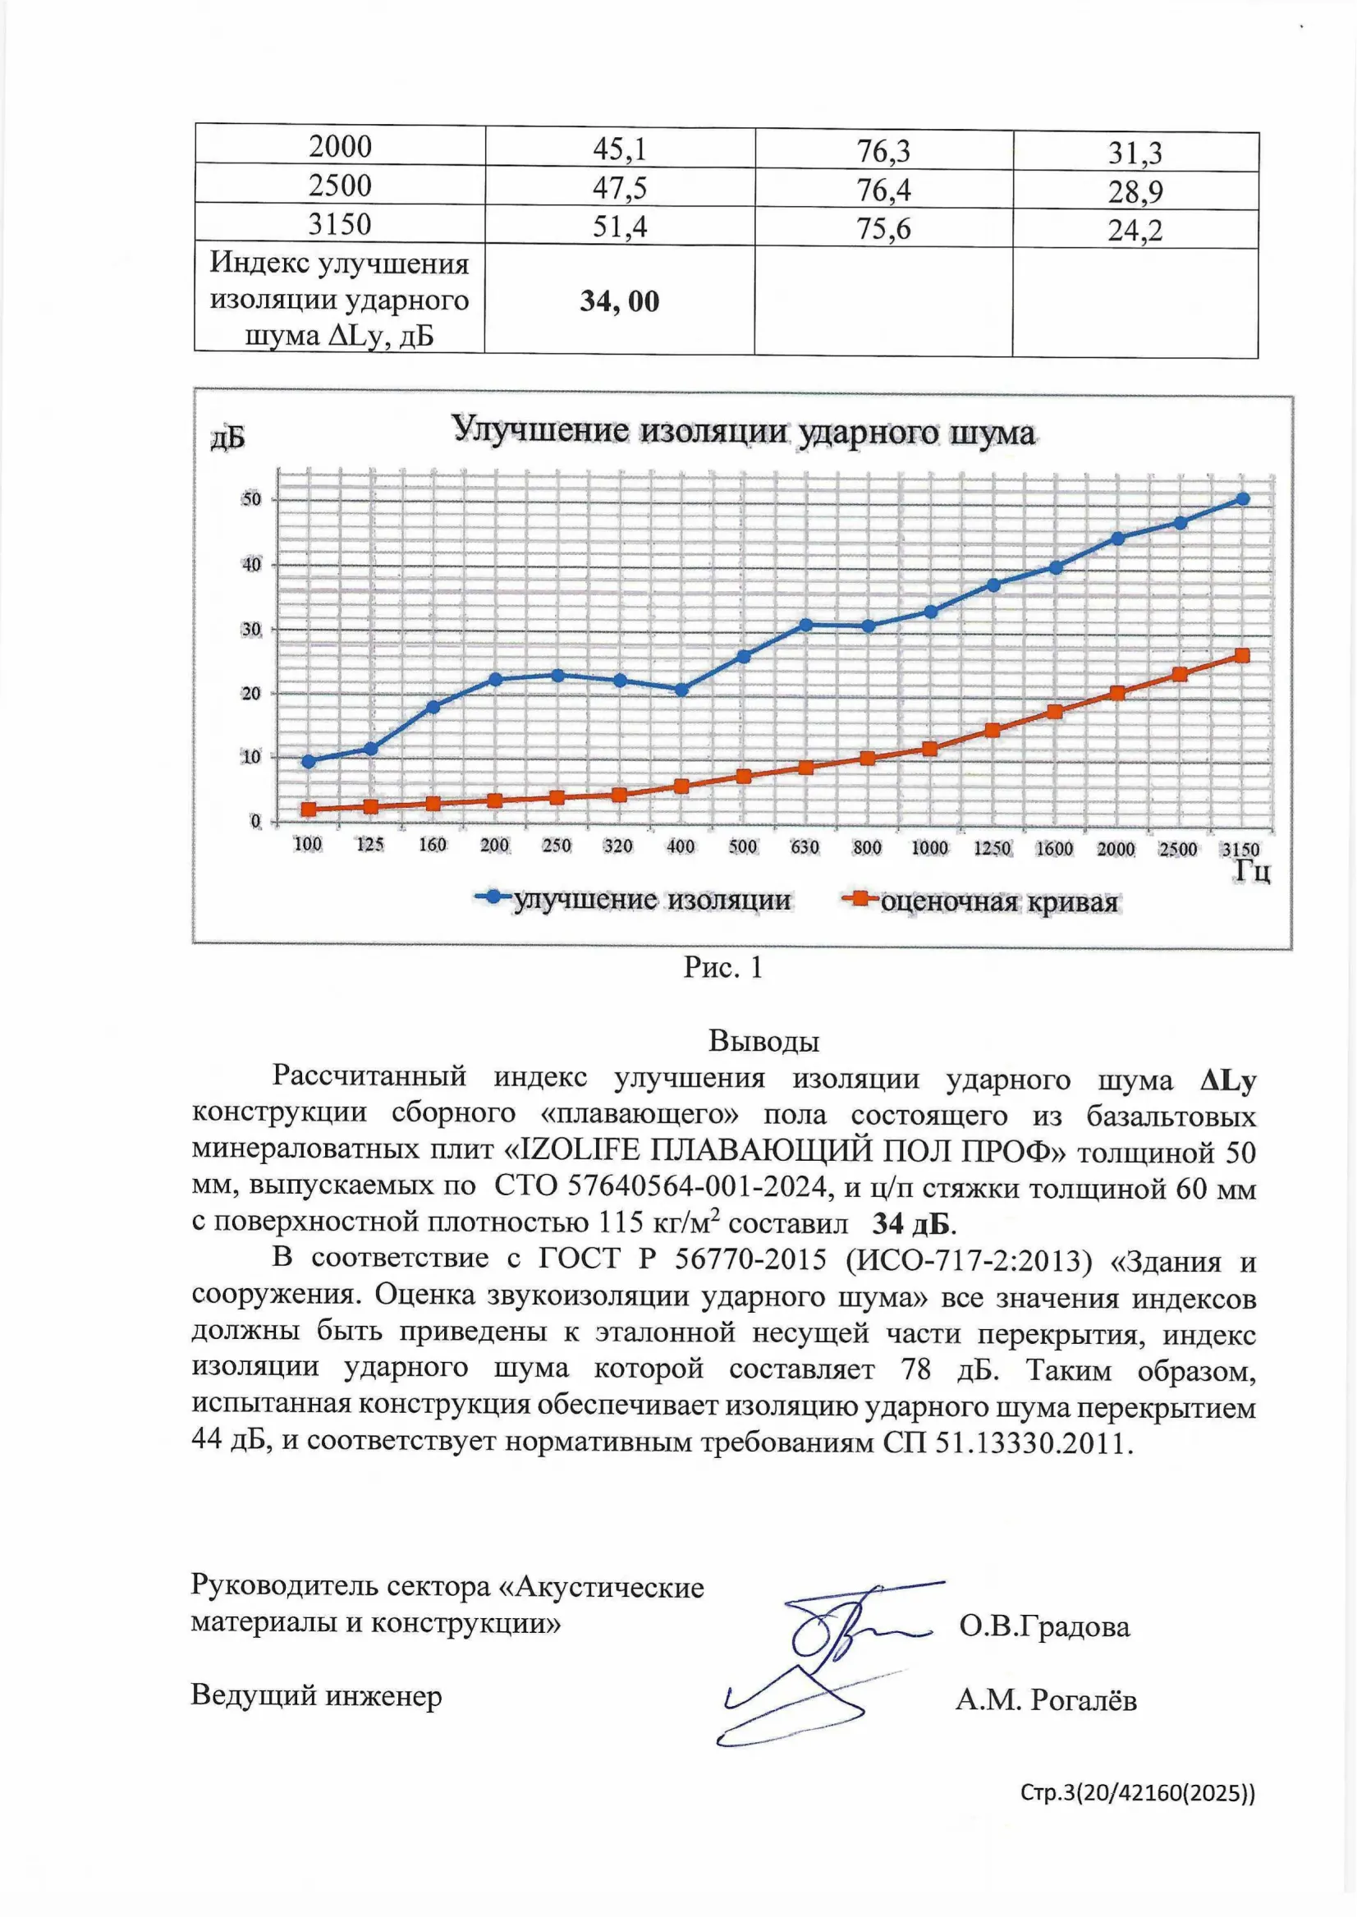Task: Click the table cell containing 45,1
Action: pyautogui.click(x=619, y=149)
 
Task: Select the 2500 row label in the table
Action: pyautogui.click(x=339, y=186)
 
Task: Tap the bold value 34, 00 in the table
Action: pyautogui.click(x=619, y=300)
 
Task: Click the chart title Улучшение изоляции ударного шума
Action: pyautogui.click(x=743, y=431)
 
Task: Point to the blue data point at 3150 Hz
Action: pyautogui.click(x=1243, y=499)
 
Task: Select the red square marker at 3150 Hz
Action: pyautogui.click(x=1243, y=656)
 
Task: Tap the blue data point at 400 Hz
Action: pyautogui.click(x=681, y=690)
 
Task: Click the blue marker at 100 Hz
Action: pyautogui.click(x=309, y=761)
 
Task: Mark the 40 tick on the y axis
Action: pyautogui.click(x=251, y=565)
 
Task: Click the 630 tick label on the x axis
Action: pyautogui.click(x=805, y=847)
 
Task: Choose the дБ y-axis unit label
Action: pyautogui.click(x=227, y=438)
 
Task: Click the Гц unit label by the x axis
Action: pyautogui.click(x=1253, y=873)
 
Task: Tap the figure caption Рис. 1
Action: pyautogui.click(x=722, y=968)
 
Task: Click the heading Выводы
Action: pyautogui.click(x=763, y=1041)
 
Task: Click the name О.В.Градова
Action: pyautogui.click(x=1044, y=1627)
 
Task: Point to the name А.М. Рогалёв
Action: pyautogui.click(x=1046, y=1699)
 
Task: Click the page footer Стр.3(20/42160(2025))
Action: pyautogui.click(x=1137, y=1792)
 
